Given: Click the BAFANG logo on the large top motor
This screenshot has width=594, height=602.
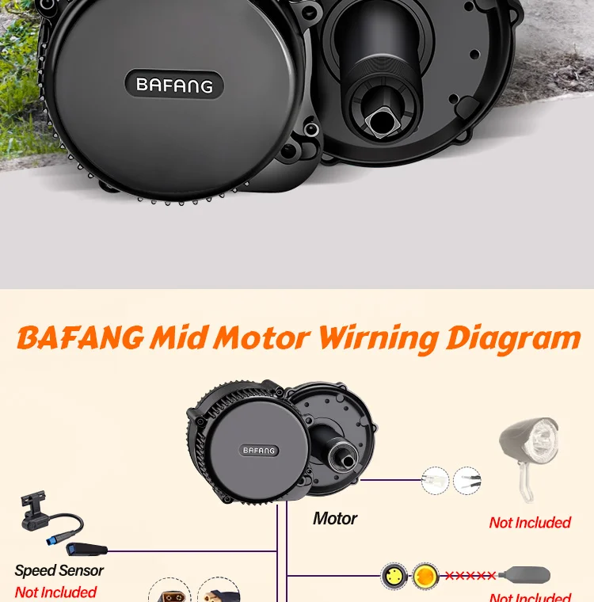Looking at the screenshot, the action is click(x=174, y=85).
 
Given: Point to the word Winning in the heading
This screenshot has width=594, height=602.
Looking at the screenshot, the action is click(x=378, y=338).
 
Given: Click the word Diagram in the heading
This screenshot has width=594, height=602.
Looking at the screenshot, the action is click(x=513, y=338).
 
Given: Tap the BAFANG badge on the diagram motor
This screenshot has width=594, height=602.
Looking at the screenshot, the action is click(x=260, y=451).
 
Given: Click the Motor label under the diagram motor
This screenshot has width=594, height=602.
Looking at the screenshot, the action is click(x=335, y=519).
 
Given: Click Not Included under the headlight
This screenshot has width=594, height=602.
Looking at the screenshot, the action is click(x=530, y=523).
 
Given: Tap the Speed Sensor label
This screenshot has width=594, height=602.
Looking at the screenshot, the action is click(x=59, y=570).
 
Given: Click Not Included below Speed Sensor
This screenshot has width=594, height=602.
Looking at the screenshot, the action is click(x=55, y=592).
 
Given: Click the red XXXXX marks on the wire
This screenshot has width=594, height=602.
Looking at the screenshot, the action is click(x=470, y=576).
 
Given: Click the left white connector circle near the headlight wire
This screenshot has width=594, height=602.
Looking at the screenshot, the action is click(x=436, y=480).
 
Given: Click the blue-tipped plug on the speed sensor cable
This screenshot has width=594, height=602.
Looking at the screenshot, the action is click(x=82, y=549).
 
